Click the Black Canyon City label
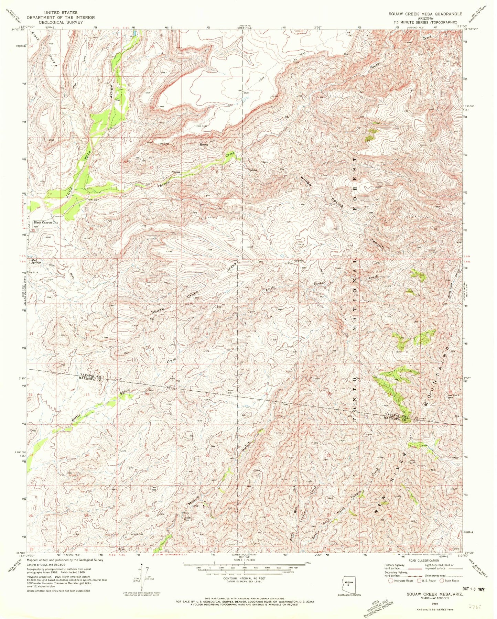46,222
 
